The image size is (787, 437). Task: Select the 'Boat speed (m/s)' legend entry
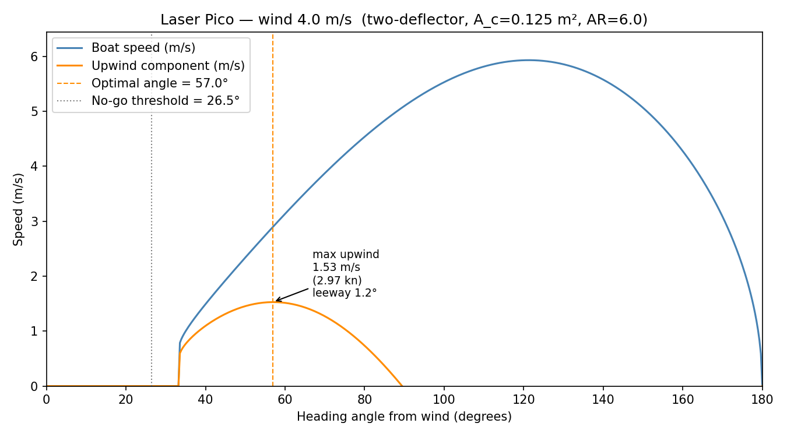(x=143, y=48)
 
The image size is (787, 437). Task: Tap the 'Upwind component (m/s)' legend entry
(x=168, y=66)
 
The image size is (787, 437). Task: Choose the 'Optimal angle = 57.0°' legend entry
(x=160, y=83)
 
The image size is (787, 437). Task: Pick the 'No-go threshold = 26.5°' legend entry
(x=166, y=101)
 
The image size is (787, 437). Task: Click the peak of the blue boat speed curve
(x=528, y=60)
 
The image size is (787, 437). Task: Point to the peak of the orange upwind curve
(x=272, y=302)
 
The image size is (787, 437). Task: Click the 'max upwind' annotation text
(x=346, y=255)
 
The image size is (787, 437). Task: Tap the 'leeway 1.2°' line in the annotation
(x=345, y=293)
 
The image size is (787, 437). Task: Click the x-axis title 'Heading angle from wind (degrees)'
(x=404, y=417)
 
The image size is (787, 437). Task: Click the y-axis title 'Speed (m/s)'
(x=19, y=209)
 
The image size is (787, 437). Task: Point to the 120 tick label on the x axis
(x=524, y=400)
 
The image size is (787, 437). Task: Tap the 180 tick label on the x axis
(x=762, y=400)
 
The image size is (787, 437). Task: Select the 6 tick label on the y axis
(x=34, y=57)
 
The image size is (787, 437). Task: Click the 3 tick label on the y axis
(x=34, y=221)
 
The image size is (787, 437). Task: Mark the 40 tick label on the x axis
(x=205, y=400)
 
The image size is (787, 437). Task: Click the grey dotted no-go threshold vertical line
(x=152, y=233)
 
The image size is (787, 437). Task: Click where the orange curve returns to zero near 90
(x=402, y=386)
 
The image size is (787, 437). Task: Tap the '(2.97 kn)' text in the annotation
(x=337, y=280)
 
